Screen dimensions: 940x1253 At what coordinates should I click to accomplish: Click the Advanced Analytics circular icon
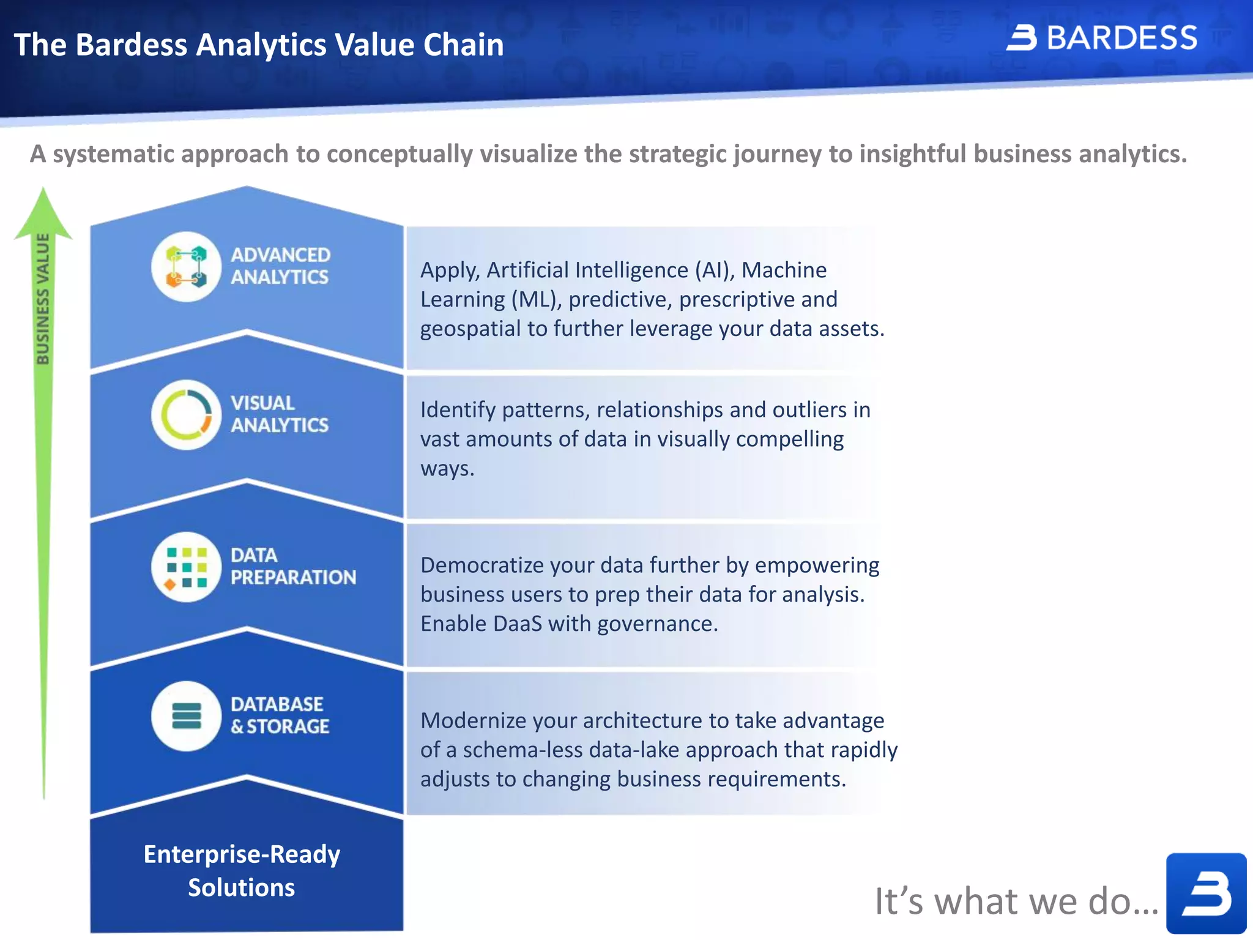click(x=186, y=267)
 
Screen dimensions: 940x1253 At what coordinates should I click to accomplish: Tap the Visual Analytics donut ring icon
click(x=186, y=415)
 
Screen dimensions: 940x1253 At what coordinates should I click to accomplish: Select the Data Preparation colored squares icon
click(x=186, y=567)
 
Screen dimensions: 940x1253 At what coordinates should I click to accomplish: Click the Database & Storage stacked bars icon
click(x=186, y=716)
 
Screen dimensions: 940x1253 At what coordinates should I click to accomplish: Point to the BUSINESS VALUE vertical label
click(x=42, y=299)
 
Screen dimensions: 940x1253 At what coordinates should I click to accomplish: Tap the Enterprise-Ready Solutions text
click(x=242, y=870)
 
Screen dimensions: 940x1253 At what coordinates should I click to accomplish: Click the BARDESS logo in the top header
click(x=1102, y=38)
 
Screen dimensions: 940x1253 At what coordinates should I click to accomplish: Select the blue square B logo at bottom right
click(x=1205, y=893)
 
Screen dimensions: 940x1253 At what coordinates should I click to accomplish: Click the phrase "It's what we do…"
click(x=1016, y=901)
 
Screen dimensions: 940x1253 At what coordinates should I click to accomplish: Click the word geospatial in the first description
click(x=470, y=329)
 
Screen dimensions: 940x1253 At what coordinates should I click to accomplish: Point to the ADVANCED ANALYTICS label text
click(x=280, y=266)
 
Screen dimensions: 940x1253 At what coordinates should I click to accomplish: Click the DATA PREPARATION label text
click(x=292, y=566)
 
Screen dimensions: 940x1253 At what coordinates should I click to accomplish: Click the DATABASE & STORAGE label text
click(x=279, y=715)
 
